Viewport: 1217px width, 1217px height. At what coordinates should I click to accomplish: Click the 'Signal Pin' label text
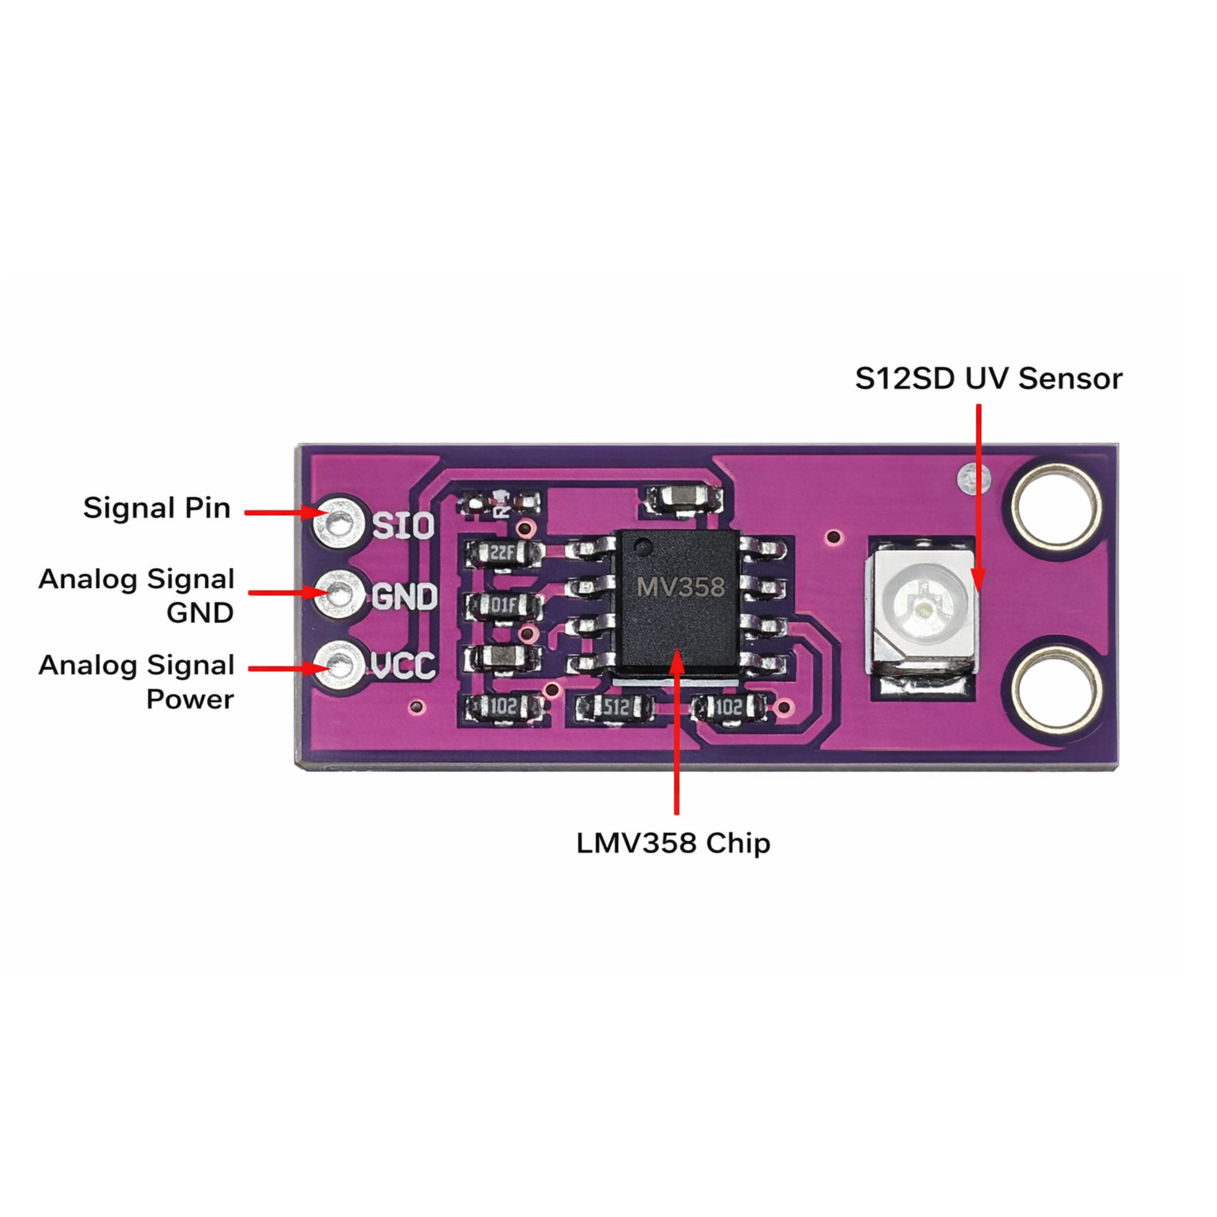click(x=157, y=508)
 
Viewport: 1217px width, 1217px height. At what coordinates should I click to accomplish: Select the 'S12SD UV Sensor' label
click(x=988, y=379)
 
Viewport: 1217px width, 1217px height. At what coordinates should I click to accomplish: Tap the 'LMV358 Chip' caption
click(x=673, y=843)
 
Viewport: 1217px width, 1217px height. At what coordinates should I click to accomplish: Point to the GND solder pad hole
click(x=339, y=594)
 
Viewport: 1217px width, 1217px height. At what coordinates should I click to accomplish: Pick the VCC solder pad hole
click(x=340, y=664)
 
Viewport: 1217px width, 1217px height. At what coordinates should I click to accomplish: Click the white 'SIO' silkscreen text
click(x=403, y=525)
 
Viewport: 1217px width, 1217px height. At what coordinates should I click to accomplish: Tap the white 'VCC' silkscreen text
click(x=403, y=665)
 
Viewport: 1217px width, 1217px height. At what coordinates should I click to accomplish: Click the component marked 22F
click(x=502, y=554)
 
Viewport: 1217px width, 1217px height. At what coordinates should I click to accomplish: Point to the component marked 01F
click(x=503, y=606)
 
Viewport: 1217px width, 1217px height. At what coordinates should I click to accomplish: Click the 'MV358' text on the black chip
click(x=680, y=588)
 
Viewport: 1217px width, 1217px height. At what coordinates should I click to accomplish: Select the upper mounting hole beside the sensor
click(x=1057, y=507)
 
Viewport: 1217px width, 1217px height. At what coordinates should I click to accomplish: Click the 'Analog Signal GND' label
click(x=137, y=596)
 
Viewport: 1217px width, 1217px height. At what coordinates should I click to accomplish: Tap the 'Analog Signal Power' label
click(x=137, y=682)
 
